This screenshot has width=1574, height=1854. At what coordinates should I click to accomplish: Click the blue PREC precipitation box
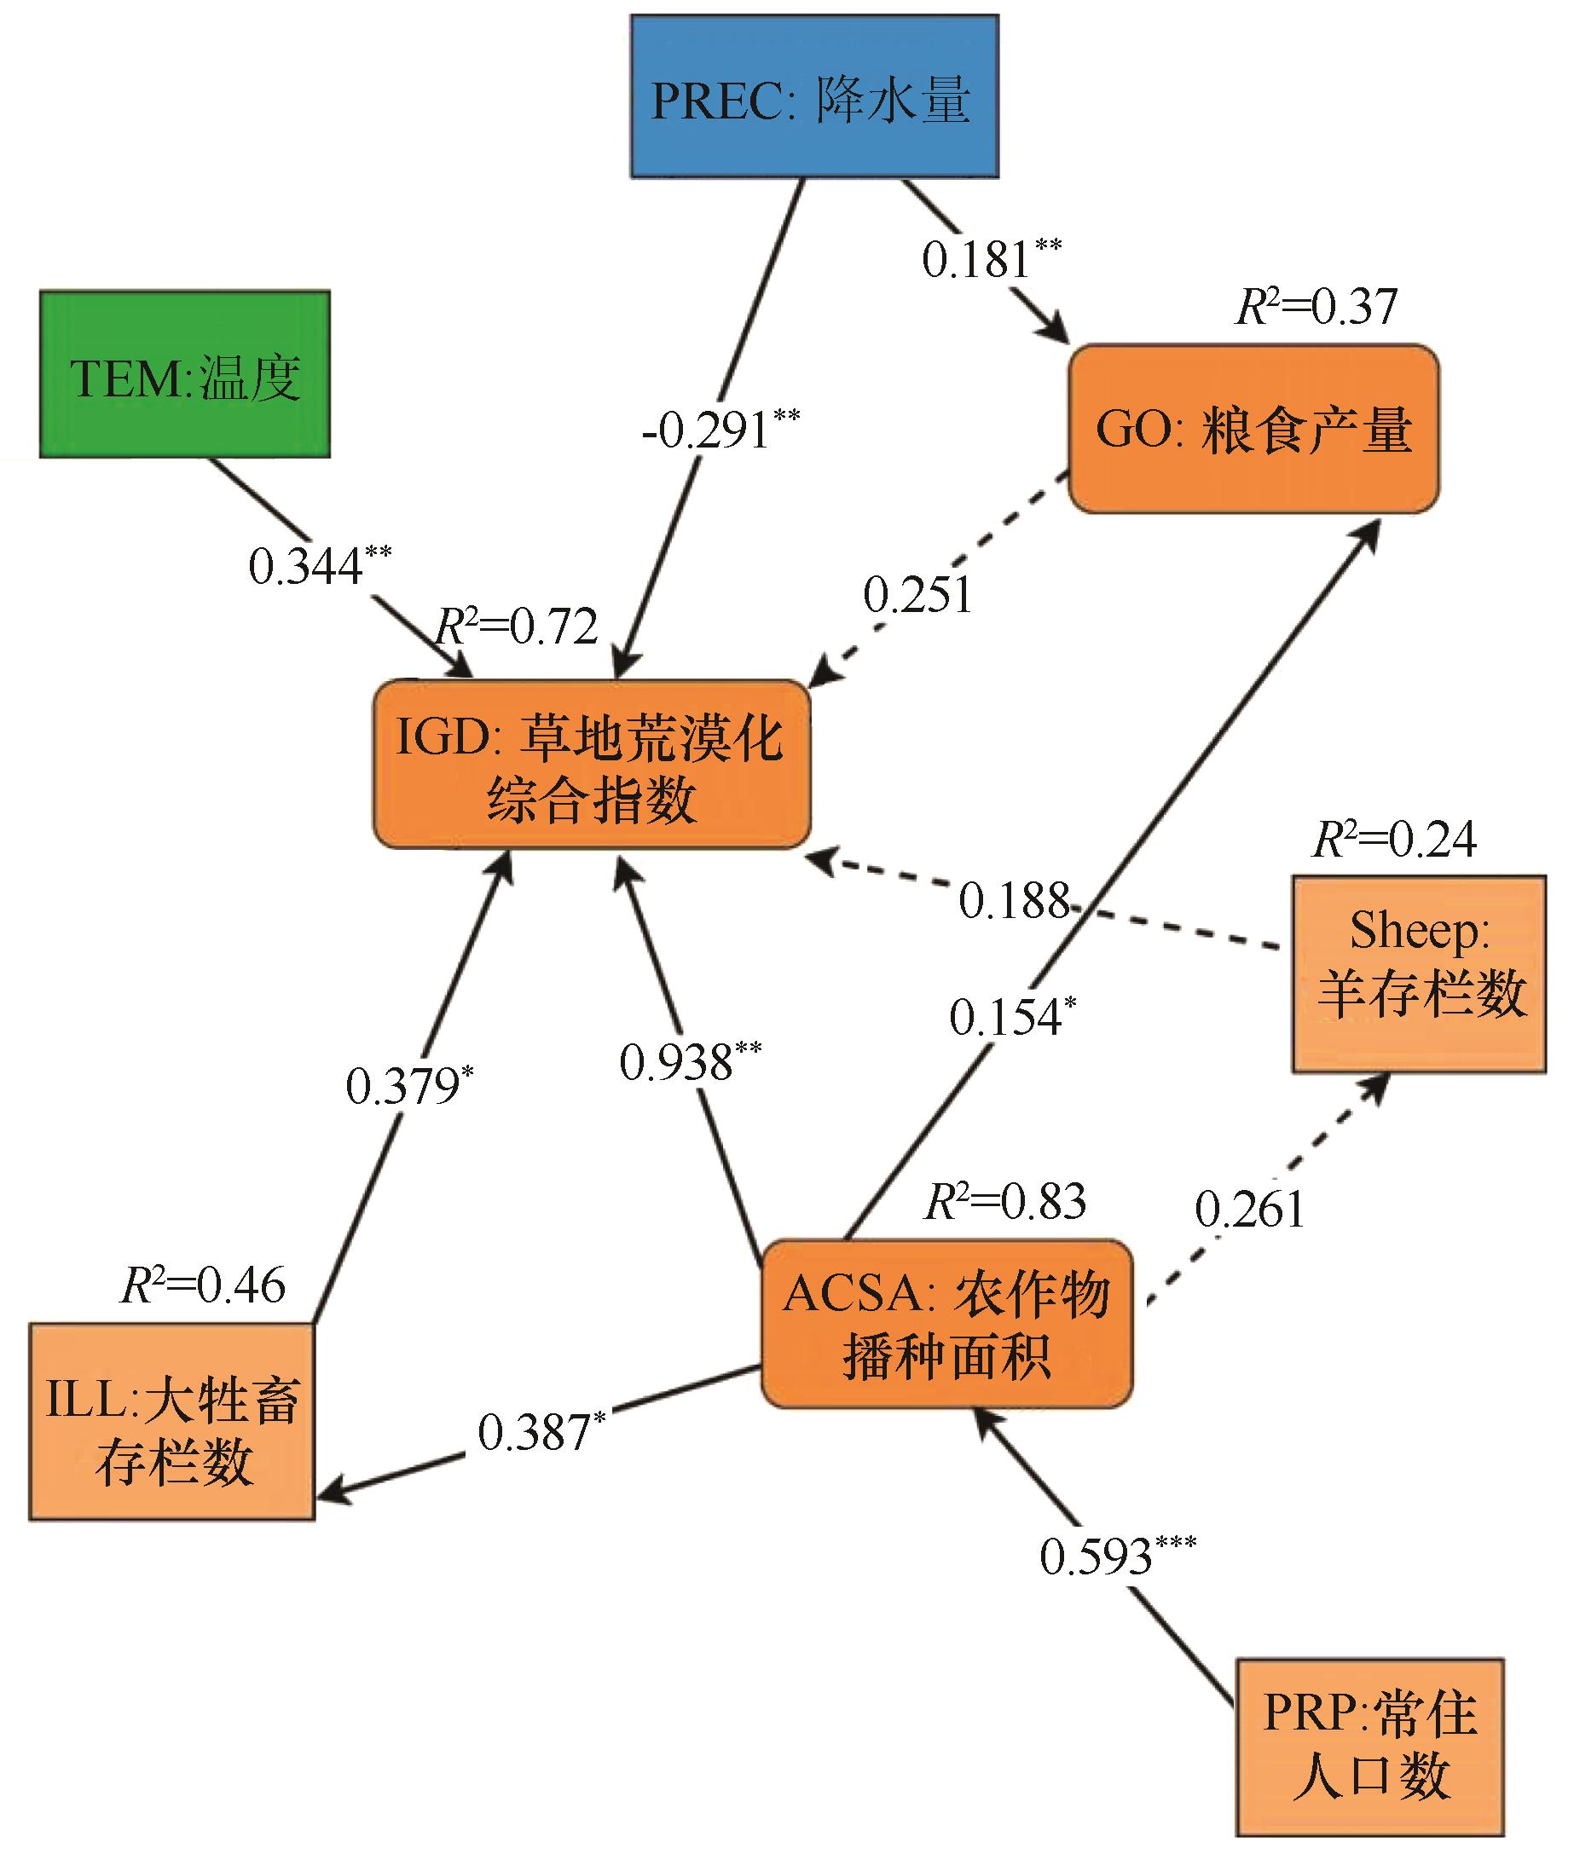(814, 96)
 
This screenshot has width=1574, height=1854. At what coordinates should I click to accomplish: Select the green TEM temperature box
(185, 374)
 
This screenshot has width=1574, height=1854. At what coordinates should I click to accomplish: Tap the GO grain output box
(1253, 429)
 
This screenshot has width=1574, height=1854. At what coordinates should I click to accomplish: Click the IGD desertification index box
(592, 765)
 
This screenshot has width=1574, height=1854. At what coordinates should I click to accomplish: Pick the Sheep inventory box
(1419, 974)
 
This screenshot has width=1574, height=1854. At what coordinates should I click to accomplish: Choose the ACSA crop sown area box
(946, 1324)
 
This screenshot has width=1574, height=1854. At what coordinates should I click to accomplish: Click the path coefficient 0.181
(992, 259)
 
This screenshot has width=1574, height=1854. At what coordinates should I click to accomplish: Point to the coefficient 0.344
(321, 564)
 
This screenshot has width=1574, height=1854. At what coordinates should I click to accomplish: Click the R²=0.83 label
(1005, 1201)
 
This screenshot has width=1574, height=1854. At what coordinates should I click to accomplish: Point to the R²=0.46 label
(203, 1285)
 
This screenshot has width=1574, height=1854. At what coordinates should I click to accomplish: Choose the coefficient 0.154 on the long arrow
(1013, 1016)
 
